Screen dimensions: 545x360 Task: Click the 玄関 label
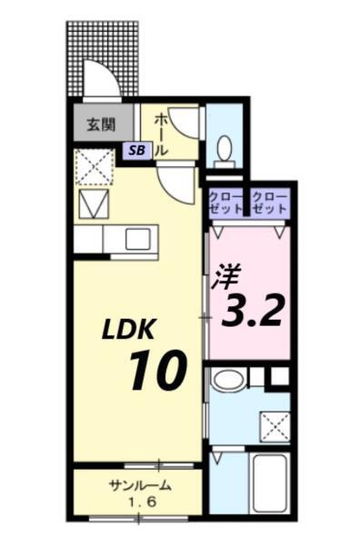pyautogui.click(x=101, y=124)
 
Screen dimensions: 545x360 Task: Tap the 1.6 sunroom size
pyautogui.click(x=138, y=500)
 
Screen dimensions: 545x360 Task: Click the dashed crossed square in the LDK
pyautogui.click(x=93, y=167)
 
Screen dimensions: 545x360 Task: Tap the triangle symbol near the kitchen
pyautogui.click(x=93, y=204)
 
